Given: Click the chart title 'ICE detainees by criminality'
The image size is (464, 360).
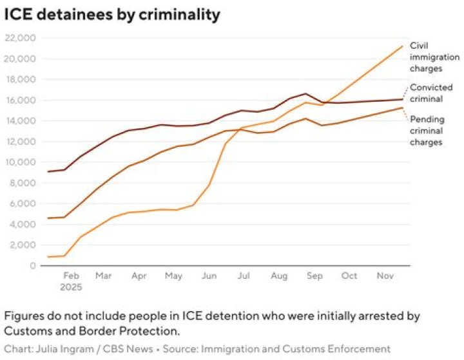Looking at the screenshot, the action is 112,14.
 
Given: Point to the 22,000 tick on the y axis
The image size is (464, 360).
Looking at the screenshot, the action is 20,38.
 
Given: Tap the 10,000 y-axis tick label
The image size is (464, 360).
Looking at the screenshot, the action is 20,162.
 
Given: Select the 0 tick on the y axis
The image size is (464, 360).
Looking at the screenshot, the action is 33,265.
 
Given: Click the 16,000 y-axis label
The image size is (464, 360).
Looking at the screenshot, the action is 20,100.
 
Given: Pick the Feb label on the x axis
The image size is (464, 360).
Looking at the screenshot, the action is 72,276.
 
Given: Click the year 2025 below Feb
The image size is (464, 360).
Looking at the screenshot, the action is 71,287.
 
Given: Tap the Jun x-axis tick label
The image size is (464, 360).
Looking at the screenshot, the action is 209,276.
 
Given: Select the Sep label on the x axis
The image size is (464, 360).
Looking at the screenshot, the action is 314,276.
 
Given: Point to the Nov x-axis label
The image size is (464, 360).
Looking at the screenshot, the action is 385,276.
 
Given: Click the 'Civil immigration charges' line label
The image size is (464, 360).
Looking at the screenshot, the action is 434,57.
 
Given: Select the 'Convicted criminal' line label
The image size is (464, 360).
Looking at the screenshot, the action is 431,93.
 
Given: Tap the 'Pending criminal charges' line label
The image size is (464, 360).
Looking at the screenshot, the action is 427,131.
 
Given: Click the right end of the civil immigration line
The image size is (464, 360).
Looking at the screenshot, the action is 402,46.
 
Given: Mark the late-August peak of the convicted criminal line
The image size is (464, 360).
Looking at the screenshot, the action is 305,94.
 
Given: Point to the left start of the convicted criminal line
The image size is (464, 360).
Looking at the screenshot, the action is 48,171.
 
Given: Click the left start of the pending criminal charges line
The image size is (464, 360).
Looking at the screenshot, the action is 48,218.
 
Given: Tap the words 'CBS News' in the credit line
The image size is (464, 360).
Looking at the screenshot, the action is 128,349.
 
